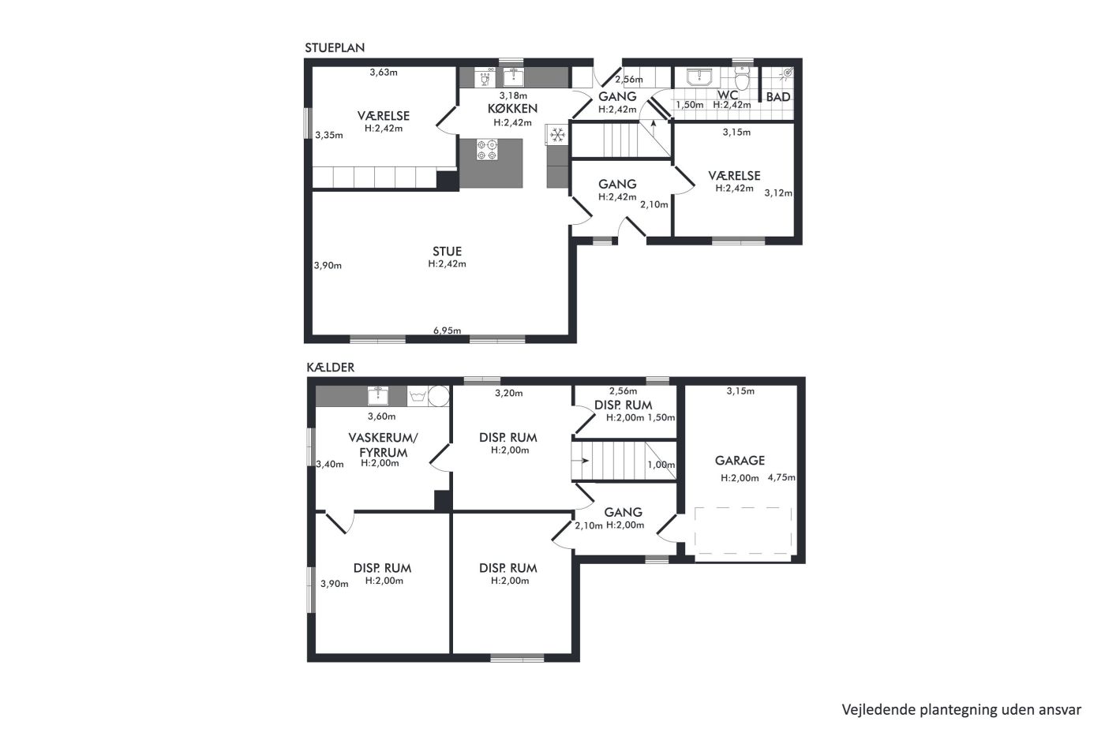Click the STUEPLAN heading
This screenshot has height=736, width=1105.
click(x=335, y=48)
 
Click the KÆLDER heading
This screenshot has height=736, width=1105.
click(x=331, y=368)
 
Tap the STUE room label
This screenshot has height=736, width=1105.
click(x=447, y=251)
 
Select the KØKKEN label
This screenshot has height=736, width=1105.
click(x=512, y=108)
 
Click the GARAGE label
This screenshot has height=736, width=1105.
click(x=740, y=461)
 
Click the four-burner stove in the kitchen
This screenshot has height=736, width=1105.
click(x=487, y=150)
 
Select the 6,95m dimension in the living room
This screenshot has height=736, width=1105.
click(x=447, y=331)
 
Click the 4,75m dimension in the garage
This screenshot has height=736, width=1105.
click(x=781, y=477)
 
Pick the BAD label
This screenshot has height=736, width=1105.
click(x=778, y=97)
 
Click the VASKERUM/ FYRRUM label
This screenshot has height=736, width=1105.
click(x=383, y=445)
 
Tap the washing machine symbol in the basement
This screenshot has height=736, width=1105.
click(x=418, y=396)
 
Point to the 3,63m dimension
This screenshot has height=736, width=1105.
click(x=384, y=73)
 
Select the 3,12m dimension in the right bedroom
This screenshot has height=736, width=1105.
click(x=778, y=193)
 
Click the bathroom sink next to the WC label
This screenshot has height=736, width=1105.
click(x=700, y=77)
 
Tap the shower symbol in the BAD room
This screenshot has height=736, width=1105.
click(x=787, y=73)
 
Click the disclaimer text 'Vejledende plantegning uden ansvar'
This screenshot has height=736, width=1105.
click(x=961, y=710)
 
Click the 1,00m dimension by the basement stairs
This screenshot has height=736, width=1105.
click(x=661, y=465)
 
